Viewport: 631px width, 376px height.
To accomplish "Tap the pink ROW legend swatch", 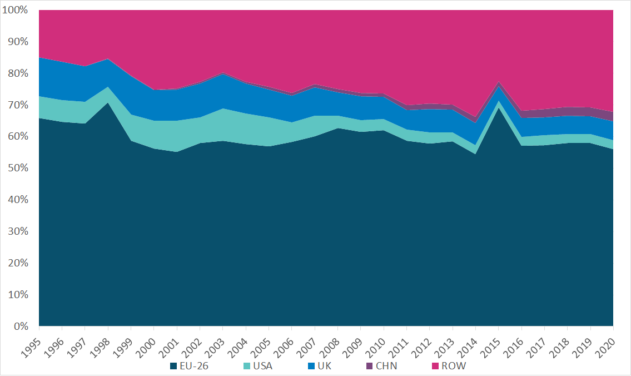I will (435, 367).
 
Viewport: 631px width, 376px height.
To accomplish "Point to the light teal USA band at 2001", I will (176, 136).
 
